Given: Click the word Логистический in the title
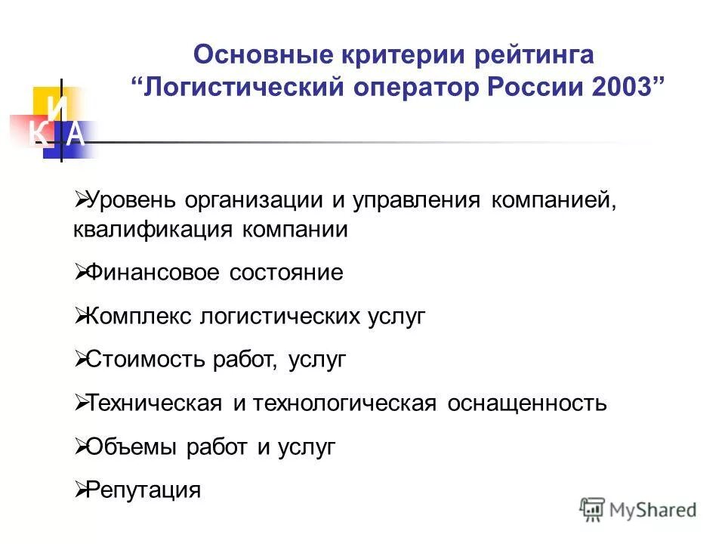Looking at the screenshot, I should point(244,86).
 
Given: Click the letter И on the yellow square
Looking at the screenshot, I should point(54,107).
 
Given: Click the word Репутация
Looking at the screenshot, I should point(144,490).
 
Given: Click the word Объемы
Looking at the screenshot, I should point(131,447).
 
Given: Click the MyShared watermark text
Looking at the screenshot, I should point(653,510).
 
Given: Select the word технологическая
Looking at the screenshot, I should point(345,403).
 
